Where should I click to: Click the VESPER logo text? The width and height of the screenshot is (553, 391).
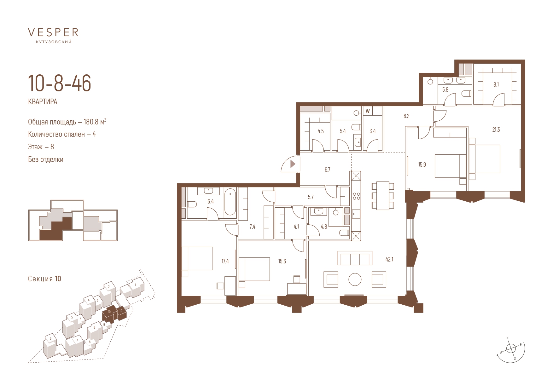tap(53, 32)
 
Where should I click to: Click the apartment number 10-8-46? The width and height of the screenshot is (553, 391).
tap(60, 83)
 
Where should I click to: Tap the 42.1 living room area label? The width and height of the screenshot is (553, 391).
tap(389, 260)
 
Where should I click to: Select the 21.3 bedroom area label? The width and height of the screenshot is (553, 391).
tap(496, 129)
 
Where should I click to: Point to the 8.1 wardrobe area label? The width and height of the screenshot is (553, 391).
tap(496, 84)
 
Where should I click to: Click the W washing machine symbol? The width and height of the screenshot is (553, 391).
tap(368, 111)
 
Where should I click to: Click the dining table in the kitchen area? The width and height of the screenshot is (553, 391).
tap(383, 196)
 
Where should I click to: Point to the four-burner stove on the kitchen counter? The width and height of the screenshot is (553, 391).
tap(357, 196)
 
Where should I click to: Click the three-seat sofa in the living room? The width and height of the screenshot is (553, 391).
tap(355, 258)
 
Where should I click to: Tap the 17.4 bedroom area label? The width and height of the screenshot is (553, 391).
tap(225, 261)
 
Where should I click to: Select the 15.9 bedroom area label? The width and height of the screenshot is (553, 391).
tap(422, 164)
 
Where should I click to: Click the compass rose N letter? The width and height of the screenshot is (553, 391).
tap(508, 338)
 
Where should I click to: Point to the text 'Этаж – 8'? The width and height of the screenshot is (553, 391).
tap(41, 147)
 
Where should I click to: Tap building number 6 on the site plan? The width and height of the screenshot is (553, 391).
tap(50, 338)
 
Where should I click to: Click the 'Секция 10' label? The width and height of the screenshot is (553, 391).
tap(44, 279)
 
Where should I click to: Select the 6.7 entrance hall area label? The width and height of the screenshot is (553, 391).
tap(328, 170)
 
